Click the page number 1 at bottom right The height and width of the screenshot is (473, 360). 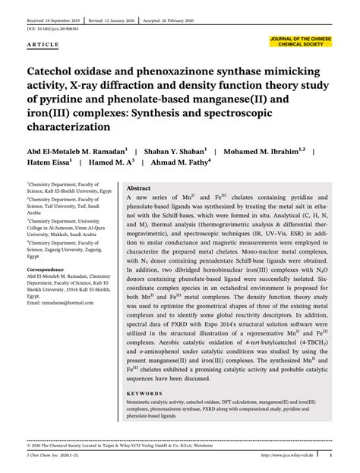[x=331, y=456]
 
